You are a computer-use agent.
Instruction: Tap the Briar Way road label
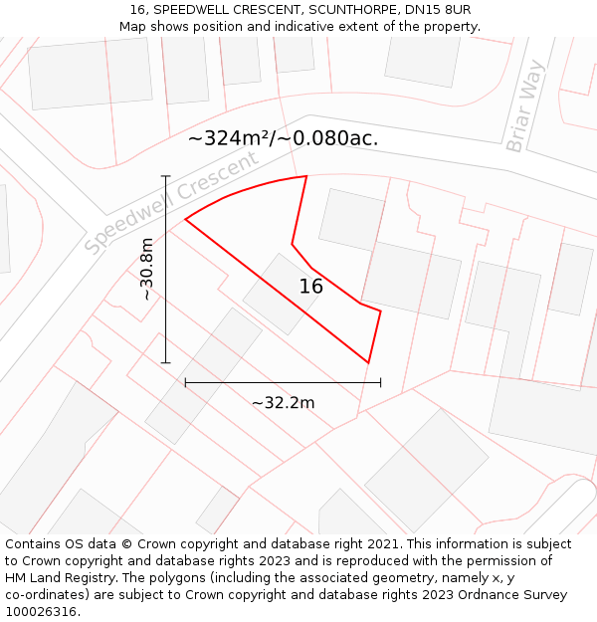[525, 106]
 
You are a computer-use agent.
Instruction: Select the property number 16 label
[311, 287]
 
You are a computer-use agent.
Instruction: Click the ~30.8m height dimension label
[146, 269]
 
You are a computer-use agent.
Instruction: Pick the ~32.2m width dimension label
[283, 402]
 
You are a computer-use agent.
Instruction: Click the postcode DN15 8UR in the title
[438, 10]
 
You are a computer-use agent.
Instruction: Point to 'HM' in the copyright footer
[16, 578]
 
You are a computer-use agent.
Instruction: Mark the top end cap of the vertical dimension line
[166, 176]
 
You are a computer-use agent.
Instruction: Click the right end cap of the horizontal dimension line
[380, 381]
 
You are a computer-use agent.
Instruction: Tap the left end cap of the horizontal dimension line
[185, 381]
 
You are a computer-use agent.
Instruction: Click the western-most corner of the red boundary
[185, 219]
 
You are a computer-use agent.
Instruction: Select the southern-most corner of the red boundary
[368, 363]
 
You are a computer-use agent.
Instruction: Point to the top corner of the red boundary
[306, 176]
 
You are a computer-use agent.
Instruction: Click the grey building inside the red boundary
[282, 294]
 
